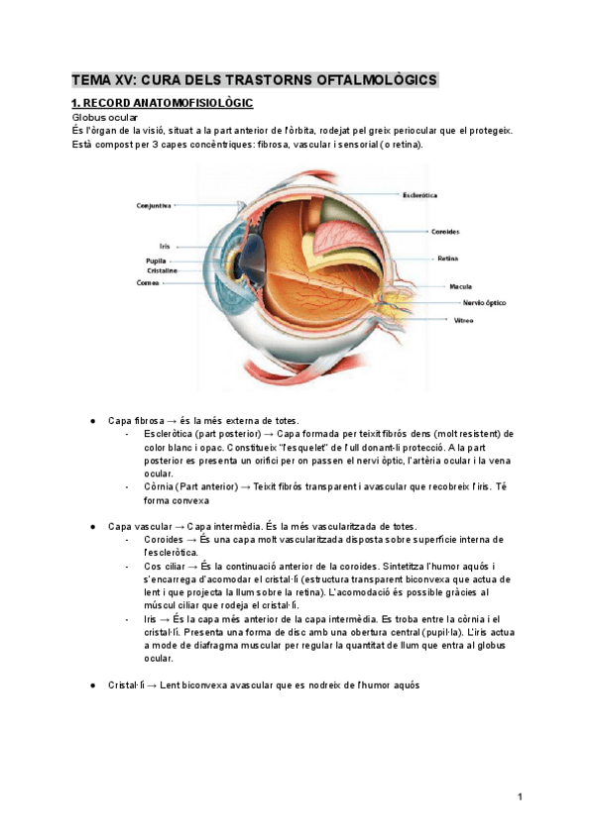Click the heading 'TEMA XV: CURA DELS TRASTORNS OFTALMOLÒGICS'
(x=255, y=79)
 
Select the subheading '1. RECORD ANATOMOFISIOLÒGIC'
(x=162, y=103)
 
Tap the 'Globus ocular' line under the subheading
(x=104, y=117)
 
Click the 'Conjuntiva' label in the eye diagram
(x=154, y=205)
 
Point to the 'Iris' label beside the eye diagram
(x=165, y=246)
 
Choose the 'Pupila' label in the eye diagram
(x=157, y=261)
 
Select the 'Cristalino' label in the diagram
(x=162, y=270)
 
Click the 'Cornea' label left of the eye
(x=149, y=282)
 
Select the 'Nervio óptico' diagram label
(x=484, y=302)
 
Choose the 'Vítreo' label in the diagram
(x=463, y=321)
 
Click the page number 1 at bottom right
(x=519, y=796)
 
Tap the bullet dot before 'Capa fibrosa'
(x=92, y=421)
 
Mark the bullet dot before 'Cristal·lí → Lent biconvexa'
(x=92, y=684)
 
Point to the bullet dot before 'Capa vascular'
(x=92, y=526)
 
